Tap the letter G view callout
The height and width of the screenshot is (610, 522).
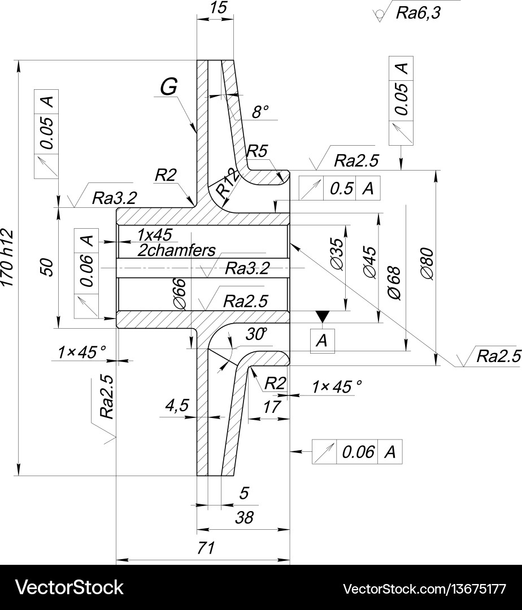pos(169,86)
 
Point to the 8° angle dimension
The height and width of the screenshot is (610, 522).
pos(260,112)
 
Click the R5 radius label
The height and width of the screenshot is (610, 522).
pos(257,151)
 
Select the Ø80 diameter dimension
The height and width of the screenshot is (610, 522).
pos(428,263)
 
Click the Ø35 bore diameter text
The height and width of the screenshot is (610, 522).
pos(337,254)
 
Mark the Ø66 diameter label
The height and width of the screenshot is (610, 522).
pos(181,294)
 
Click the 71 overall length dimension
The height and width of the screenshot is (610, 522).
pos(207,548)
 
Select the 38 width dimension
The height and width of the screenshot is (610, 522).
pos(245,517)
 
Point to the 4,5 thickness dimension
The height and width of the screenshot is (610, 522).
pos(177,405)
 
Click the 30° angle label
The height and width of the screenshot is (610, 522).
pos(256,334)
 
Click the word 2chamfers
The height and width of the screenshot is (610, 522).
pos(177,250)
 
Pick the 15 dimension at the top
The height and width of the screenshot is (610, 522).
pos(218,8)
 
